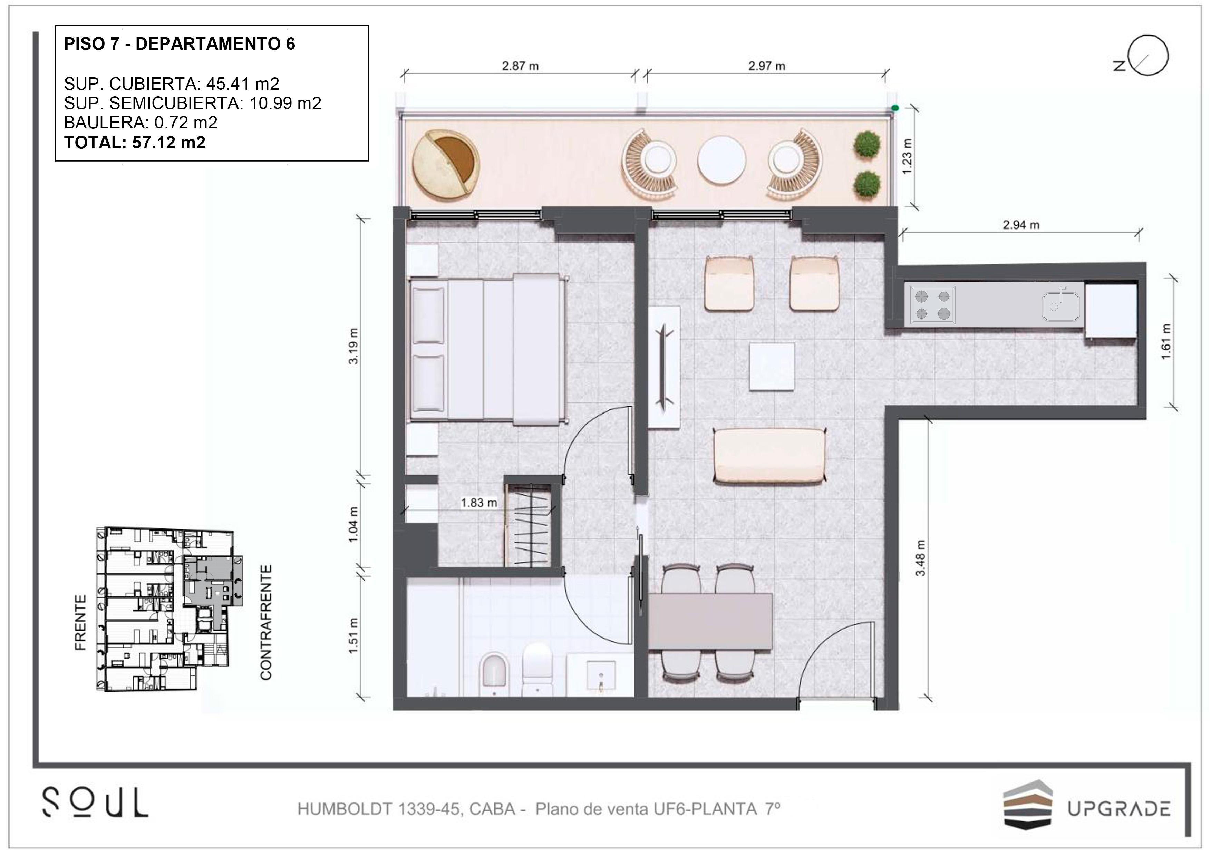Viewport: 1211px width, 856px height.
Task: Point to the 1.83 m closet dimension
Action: tap(479, 503)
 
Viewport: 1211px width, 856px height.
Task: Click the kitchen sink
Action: tap(1061, 304)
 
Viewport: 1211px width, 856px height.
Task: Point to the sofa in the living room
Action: tap(769, 456)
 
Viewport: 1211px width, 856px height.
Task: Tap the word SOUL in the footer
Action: tap(95, 803)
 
